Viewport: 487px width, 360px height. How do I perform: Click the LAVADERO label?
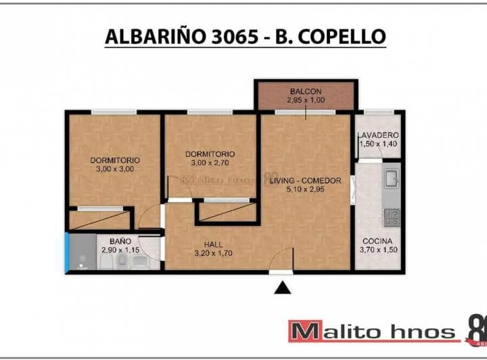pyautogui.click(x=378, y=135)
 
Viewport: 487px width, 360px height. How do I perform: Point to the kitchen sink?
pyautogui.click(x=392, y=179)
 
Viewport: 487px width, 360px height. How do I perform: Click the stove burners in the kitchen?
pyautogui.click(x=392, y=217)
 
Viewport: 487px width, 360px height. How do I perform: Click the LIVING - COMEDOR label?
pyautogui.click(x=305, y=181)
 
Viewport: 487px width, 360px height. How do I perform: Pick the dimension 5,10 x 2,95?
pyautogui.click(x=305, y=190)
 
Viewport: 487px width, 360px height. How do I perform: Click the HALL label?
pyautogui.click(x=214, y=245)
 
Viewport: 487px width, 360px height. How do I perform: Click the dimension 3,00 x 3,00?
pyautogui.click(x=115, y=170)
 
